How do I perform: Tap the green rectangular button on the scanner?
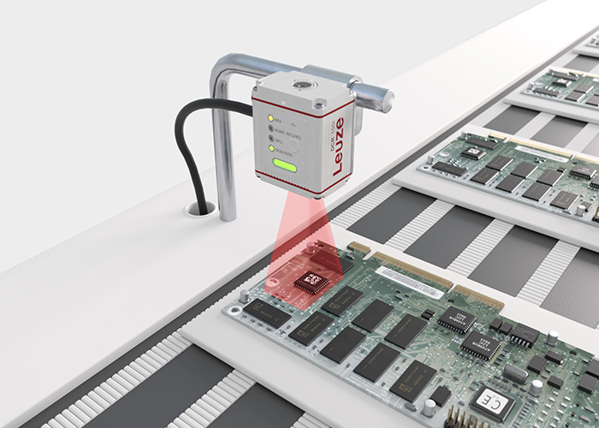tap(284, 166)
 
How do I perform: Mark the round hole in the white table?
tap(202, 207)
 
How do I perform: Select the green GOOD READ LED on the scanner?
tap(272, 149)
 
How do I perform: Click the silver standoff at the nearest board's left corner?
tap(245, 296)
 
